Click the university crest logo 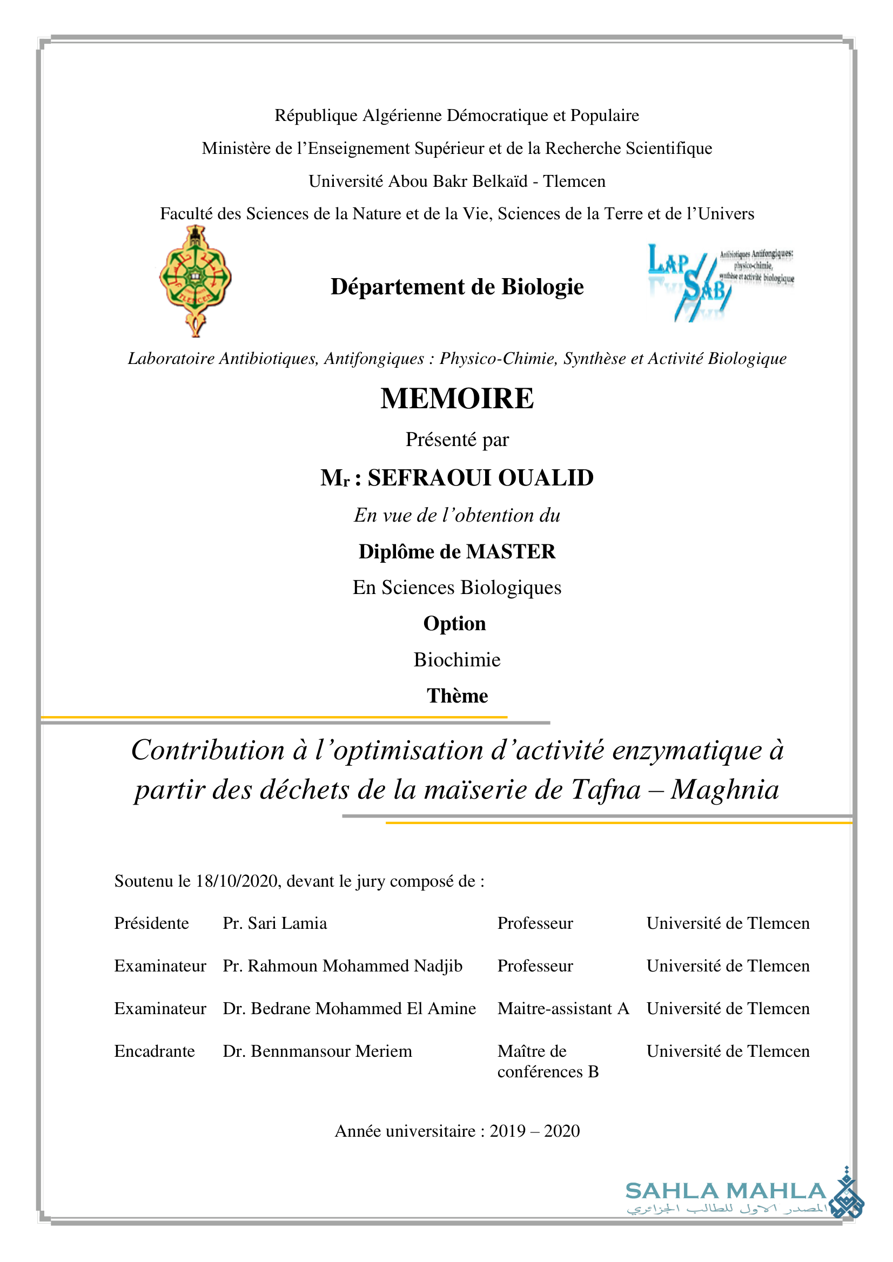195,280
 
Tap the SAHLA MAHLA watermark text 726,1191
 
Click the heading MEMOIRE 457,399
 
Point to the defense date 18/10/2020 237,881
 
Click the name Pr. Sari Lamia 274,923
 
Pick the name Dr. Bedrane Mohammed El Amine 349,1009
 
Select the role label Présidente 151,923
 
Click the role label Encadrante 155,1051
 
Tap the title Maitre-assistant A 563,1009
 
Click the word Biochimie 457,659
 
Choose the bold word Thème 457,696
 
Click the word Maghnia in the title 725,790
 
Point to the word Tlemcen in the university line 574,181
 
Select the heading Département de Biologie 457,287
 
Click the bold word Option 455,624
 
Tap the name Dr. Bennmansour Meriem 317,1051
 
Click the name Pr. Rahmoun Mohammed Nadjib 343,966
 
